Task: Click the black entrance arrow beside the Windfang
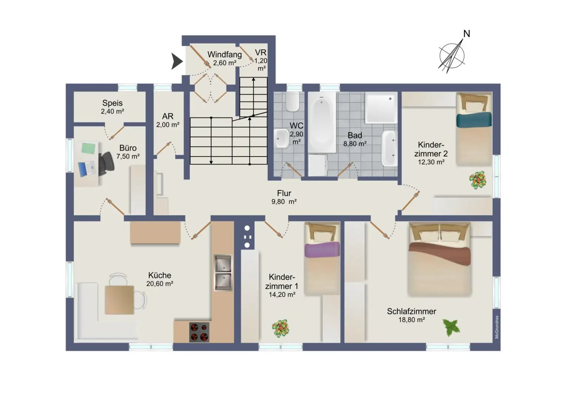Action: (x=176, y=61)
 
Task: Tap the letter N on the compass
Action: (x=467, y=33)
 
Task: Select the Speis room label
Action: (x=112, y=103)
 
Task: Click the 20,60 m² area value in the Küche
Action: (x=160, y=284)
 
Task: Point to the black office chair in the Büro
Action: (x=106, y=164)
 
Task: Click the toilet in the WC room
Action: (x=293, y=101)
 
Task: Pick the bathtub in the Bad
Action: (x=322, y=122)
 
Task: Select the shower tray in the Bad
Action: (x=381, y=108)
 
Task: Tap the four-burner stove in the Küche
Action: (x=199, y=332)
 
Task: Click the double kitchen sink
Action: (x=223, y=273)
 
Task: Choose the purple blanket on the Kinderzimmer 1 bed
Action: (x=322, y=249)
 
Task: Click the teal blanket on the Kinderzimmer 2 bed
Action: (x=474, y=120)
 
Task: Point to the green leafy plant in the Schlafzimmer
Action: (x=452, y=328)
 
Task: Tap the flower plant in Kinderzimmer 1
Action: (x=281, y=328)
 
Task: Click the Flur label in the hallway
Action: (x=284, y=193)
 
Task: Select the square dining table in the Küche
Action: (x=119, y=300)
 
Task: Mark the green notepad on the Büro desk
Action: (x=88, y=148)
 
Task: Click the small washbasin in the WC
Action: (x=281, y=138)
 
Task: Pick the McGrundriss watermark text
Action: (x=497, y=327)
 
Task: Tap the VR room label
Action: (x=261, y=53)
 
